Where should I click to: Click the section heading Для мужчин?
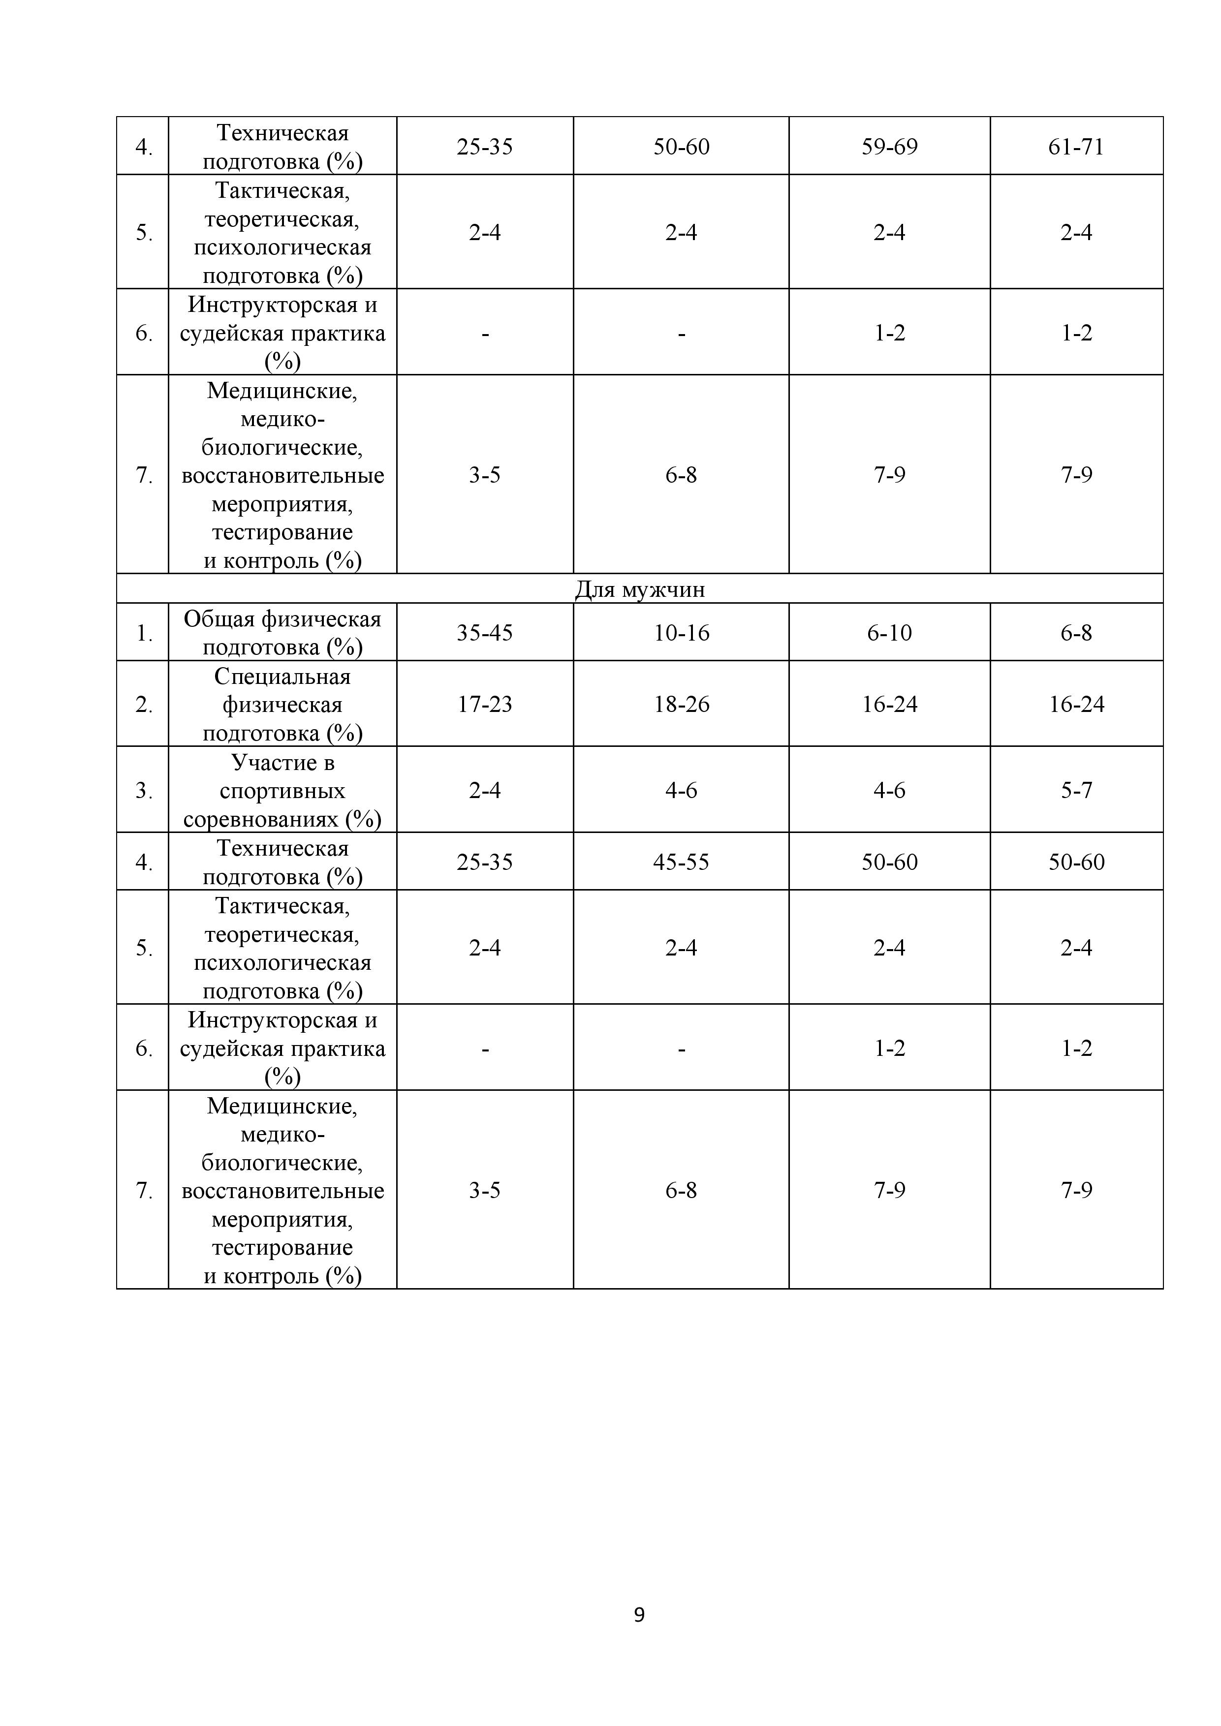(639, 589)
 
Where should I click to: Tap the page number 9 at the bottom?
(639, 1615)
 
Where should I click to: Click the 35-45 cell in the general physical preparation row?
(485, 633)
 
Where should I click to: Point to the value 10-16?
(681, 633)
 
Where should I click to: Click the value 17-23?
(485, 705)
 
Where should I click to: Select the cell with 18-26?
(681, 705)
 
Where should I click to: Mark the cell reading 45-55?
(681, 862)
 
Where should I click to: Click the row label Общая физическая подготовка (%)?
(282, 633)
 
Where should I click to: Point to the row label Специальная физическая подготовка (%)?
(282, 705)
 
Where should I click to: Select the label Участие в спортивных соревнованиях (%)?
(282, 790)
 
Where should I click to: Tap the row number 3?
(143, 791)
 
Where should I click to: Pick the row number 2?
(143, 705)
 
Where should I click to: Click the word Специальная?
(282, 677)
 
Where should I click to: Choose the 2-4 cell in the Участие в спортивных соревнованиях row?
(485, 790)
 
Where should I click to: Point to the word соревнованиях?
(262, 819)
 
